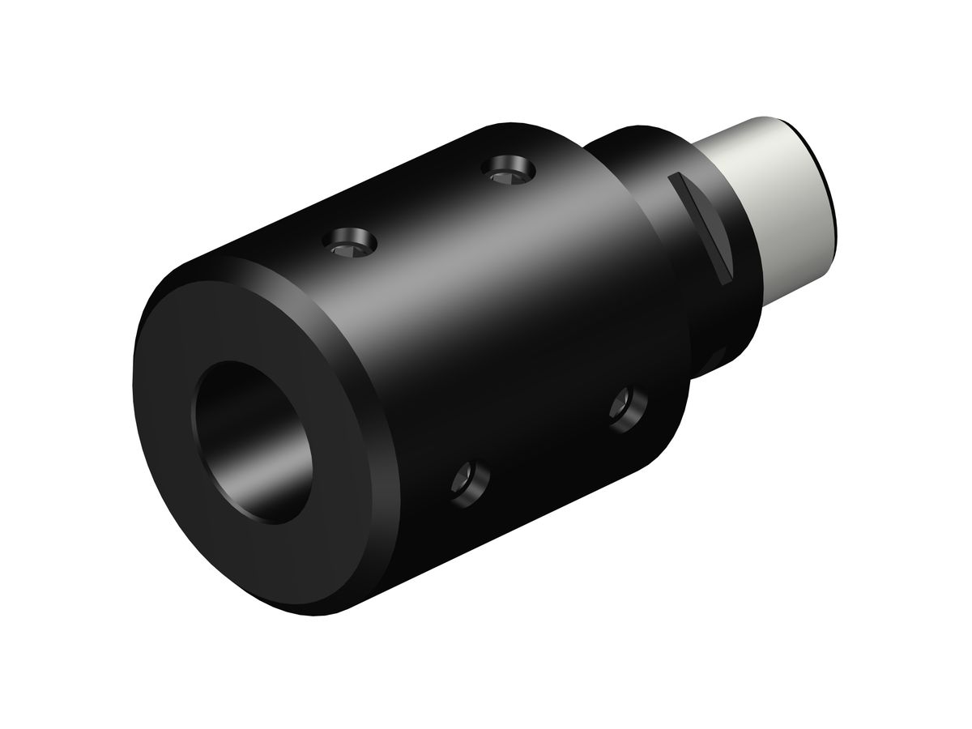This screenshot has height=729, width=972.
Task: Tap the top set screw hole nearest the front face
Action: (x=350, y=242)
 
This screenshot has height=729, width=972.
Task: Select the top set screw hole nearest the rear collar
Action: (x=508, y=171)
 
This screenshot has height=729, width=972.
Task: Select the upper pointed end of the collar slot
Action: (x=671, y=176)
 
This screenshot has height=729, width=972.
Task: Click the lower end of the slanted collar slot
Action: (x=727, y=271)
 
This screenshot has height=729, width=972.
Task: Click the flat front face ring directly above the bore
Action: (x=243, y=324)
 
